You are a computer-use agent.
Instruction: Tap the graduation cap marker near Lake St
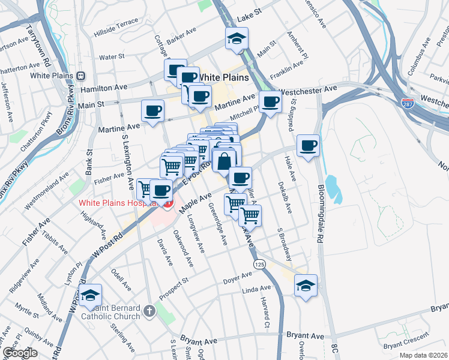pyautogui.click(x=236, y=40)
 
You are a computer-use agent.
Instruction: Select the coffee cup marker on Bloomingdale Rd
pyautogui.click(x=309, y=146)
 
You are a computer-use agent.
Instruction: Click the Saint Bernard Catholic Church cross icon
pyautogui.click(x=149, y=311)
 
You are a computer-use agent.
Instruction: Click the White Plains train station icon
pyautogui.click(x=81, y=76)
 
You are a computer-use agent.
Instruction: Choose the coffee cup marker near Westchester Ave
pyautogui.click(x=271, y=102)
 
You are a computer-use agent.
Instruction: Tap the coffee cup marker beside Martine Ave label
pyautogui.click(x=152, y=112)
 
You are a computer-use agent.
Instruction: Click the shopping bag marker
pyautogui.click(x=224, y=161)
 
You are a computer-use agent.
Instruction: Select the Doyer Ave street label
pyautogui.click(x=238, y=277)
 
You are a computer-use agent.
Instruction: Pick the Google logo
pyautogui.click(x=20, y=353)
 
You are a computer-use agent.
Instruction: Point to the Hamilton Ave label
pyautogui.click(x=109, y=88)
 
